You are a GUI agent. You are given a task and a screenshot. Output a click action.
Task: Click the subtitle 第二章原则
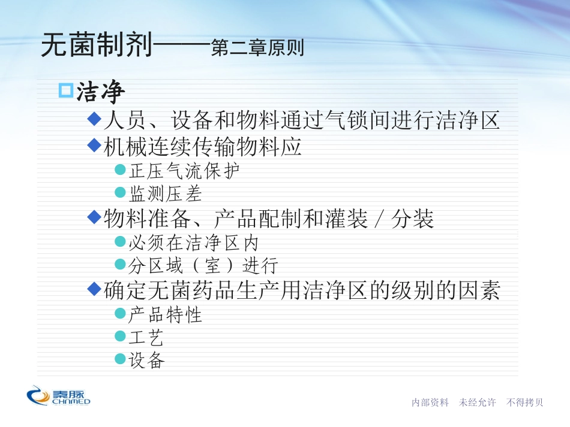257,47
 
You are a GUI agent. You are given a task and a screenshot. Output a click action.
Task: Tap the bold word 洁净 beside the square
101,92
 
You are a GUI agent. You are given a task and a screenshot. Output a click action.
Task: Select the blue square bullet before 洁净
66,90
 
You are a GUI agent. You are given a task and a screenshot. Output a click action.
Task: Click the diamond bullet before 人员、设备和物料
95,119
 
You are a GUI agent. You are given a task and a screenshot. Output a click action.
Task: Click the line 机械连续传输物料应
202,147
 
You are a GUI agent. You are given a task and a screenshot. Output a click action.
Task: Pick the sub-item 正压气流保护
184,171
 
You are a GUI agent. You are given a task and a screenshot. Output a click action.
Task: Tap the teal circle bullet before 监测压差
120,192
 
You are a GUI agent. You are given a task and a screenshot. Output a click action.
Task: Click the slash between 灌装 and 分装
380,219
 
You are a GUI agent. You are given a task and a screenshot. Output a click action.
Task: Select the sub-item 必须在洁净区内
193,243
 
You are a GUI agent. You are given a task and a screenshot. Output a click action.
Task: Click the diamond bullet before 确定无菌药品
95,289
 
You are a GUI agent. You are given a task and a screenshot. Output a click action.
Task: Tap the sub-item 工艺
146,337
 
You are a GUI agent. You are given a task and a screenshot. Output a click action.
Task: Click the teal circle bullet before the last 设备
120,359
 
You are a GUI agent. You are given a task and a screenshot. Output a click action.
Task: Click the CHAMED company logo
58,395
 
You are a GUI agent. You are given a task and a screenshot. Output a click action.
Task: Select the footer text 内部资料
430,402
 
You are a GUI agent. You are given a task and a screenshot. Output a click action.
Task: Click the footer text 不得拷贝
524,402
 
